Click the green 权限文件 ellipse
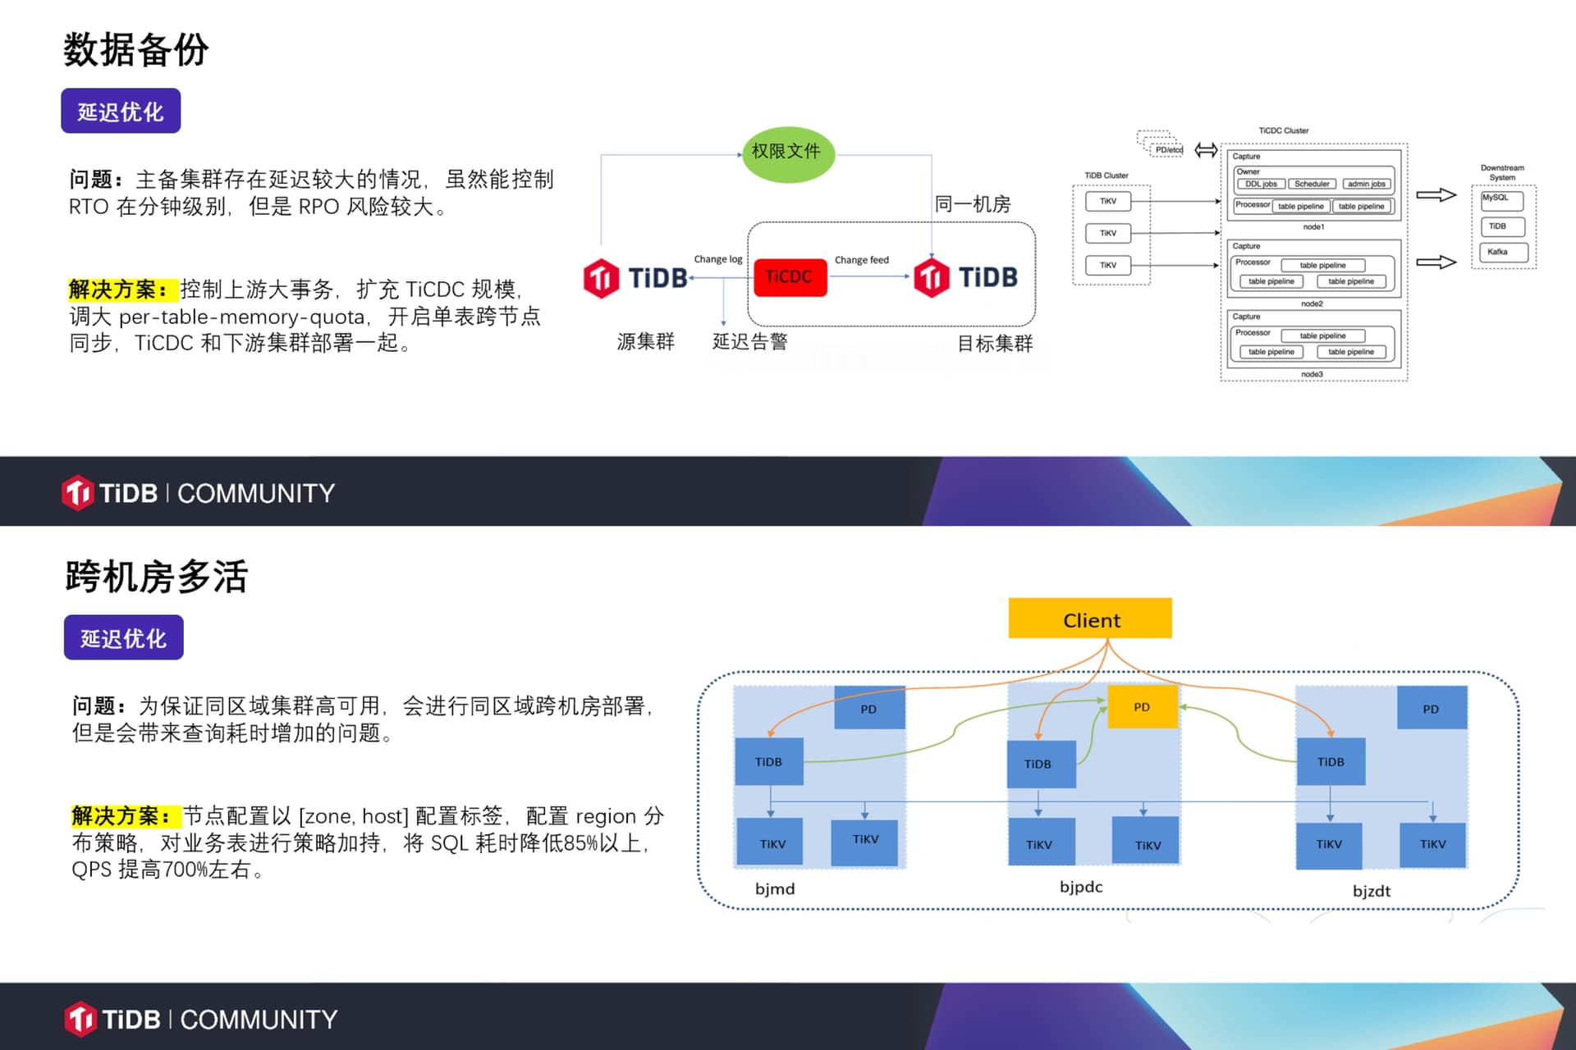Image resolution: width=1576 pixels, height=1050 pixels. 788,153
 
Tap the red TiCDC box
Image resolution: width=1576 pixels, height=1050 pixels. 790,276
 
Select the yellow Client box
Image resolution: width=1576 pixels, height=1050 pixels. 1090,619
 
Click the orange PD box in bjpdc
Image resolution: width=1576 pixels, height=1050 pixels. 1142,707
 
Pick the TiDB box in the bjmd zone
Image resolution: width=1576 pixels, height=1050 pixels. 768,762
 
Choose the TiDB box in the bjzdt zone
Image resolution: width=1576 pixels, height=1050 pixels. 1331,762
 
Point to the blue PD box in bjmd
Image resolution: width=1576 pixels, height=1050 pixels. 869,709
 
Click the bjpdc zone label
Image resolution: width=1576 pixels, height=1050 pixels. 1081,887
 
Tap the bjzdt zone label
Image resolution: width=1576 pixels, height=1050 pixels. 1372,891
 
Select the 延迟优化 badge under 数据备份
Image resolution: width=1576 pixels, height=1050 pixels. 121,112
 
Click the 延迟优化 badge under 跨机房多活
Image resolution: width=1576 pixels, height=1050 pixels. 124,638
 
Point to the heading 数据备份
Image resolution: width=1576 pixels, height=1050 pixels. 136,50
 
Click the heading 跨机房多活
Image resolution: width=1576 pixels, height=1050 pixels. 156,577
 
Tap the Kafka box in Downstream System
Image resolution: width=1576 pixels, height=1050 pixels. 1499,252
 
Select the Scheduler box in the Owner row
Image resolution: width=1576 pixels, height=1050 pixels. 1312,184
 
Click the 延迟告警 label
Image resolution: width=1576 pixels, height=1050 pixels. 749,342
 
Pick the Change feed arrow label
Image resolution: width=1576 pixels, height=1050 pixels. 862,260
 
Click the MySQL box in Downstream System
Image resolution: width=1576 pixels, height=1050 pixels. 1501,199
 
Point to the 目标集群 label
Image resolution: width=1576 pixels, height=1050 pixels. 995,344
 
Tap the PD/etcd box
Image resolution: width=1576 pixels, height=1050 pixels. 1166,149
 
